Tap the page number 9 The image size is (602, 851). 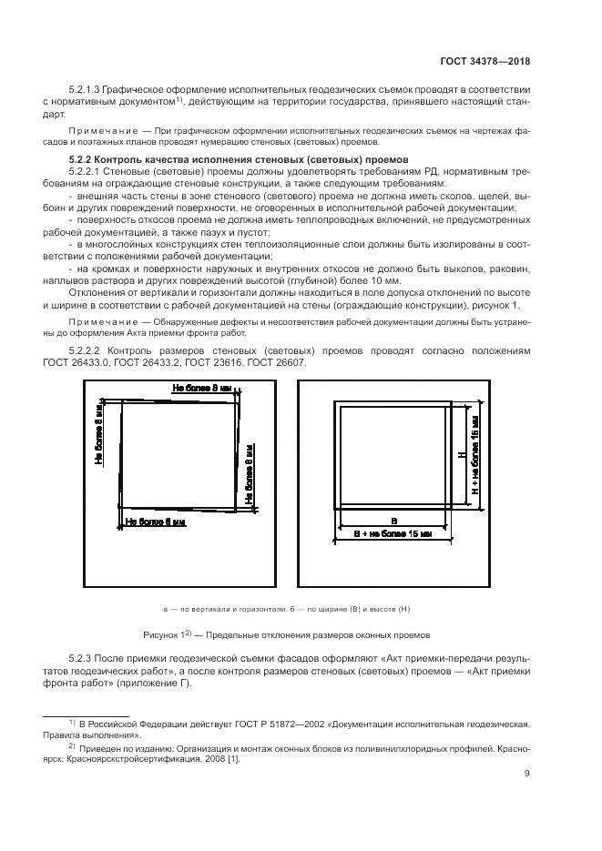(527, 775)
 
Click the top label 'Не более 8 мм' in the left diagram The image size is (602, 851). (200, 389)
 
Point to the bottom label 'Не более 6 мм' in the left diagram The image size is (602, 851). (156, 522)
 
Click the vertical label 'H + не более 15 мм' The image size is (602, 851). (475, 452)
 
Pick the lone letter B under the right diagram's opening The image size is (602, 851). (393, 520)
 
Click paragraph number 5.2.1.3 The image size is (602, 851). (88, 91)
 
